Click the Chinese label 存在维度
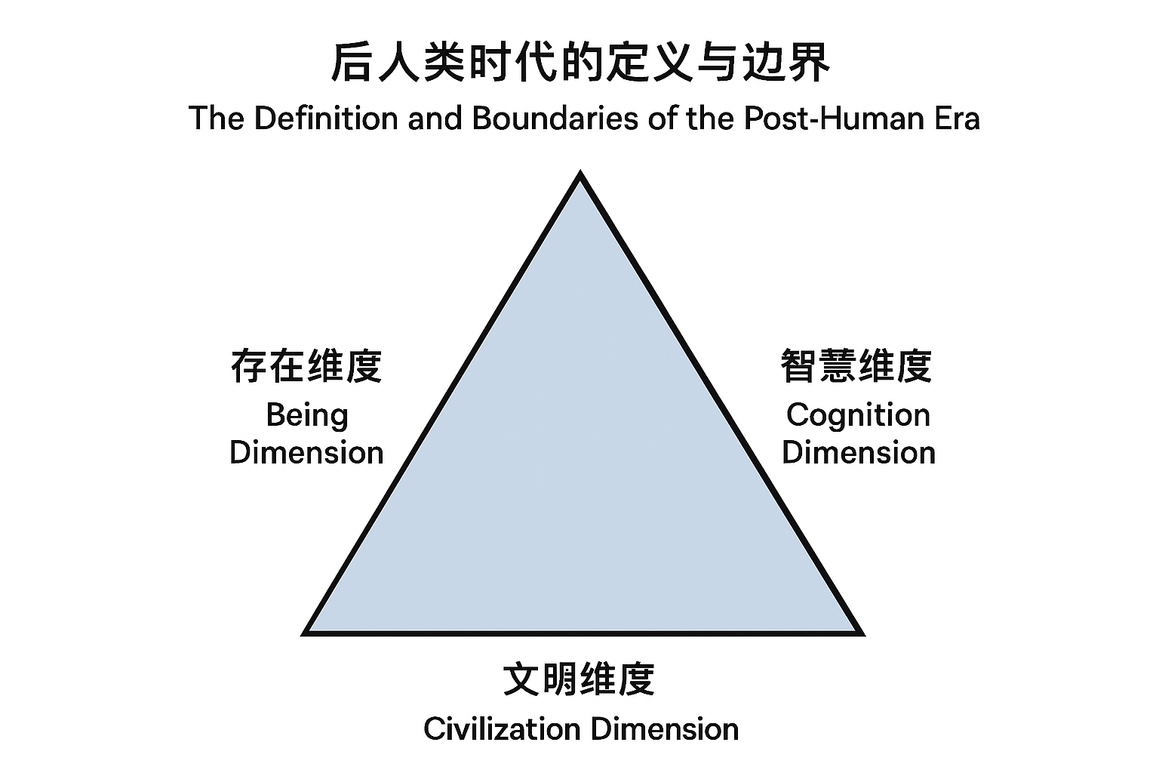point(306,366)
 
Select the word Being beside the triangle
point(306,416)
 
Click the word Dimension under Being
point(306,452)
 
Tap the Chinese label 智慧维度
point(857,366)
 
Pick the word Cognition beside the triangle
point(858,415)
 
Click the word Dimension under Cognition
point(858,452)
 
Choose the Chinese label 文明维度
point(579,679)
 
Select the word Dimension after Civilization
point(664,729)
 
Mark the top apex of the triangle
point(579,175)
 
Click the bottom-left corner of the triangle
point(306,632)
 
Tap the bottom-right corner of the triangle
point(859,632)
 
